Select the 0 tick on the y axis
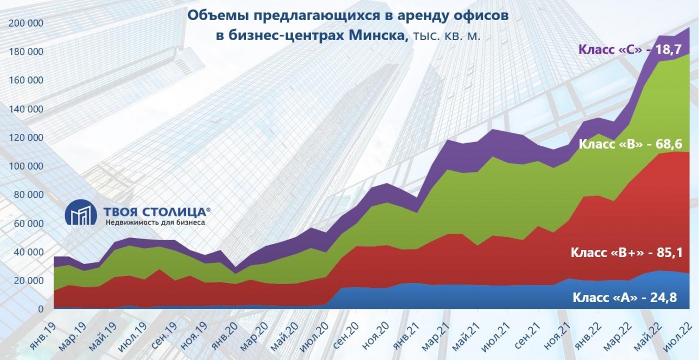coord(41,309)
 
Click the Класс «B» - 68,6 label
coord(630,144)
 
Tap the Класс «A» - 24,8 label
coord(624,297)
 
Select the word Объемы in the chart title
coord(213,15)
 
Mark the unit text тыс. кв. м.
coord(446,37)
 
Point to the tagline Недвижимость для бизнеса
coord(155,222)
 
